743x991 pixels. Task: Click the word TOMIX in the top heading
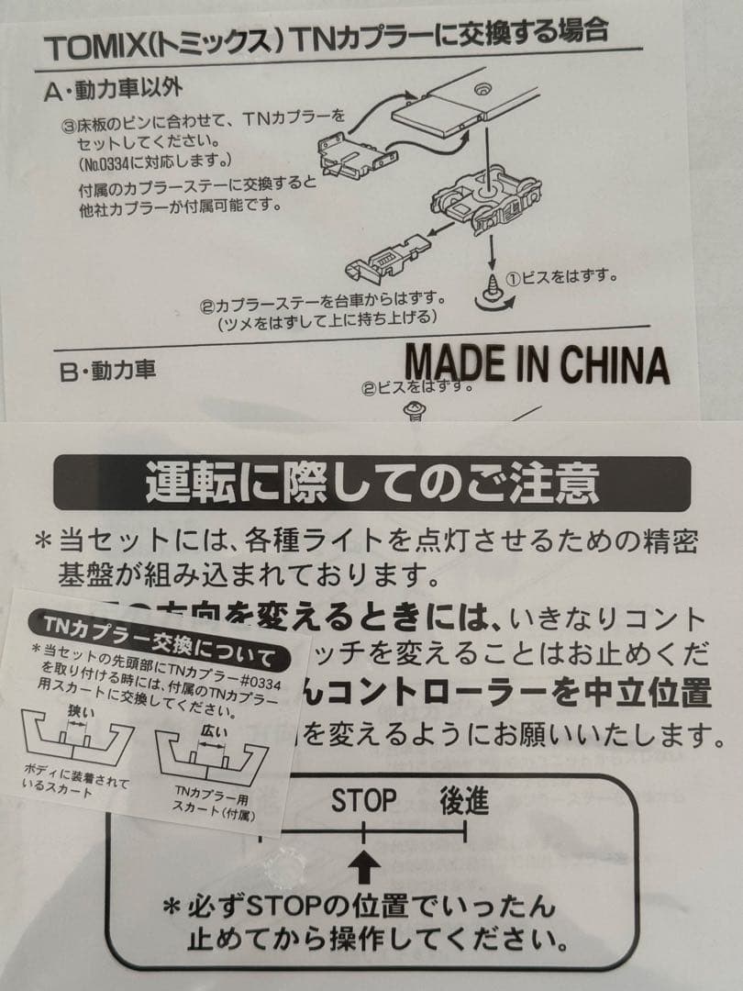pyautogui.click(x=89, y=46)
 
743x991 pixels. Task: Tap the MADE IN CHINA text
pyautogui.click(x=537, y=364)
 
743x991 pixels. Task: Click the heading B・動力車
pyautogui.click(x=107, y=370)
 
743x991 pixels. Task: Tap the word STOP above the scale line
pyautogui.click(x=364, y=801)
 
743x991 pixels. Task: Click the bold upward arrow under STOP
pyautogui.click(x=365, y=863)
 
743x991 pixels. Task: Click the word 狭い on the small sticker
pyautogui.click(x=80, y=711)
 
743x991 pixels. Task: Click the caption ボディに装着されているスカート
pyautogui.click(x=76, y=787)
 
